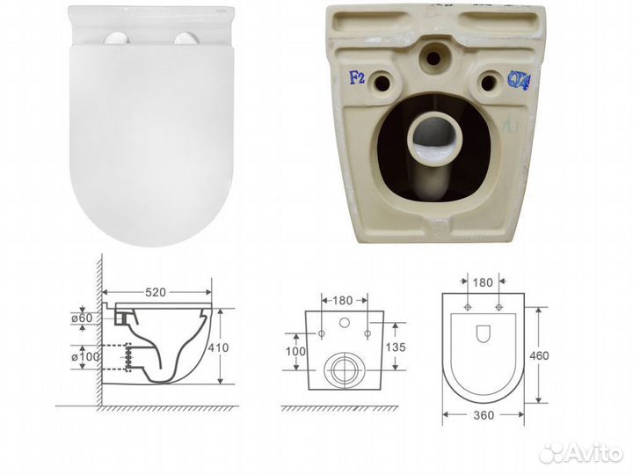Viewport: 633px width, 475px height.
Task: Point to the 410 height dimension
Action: pyautogui.click(x=219, y=348)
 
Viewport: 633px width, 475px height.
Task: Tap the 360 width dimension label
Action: pyautogui.click(x=483, y=414)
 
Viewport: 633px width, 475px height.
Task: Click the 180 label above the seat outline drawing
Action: pyautogui.click(x=484, y=284)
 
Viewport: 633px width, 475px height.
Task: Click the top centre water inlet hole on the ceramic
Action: pyautogui.click(x=431, y=56)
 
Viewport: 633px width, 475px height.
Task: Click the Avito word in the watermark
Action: pyautogui.click(x=596, y=452)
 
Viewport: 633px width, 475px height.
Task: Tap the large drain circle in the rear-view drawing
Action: pyautogui.click(x=345, y=369)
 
